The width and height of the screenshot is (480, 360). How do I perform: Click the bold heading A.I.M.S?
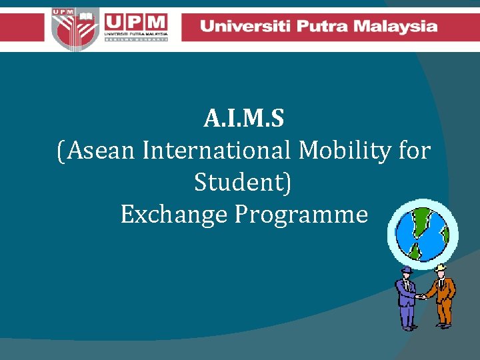[244, 120]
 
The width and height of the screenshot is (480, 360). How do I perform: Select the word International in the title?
[217, 151]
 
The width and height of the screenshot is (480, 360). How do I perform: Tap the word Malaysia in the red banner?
[397, 27]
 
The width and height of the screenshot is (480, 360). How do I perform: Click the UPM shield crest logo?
[73, 28]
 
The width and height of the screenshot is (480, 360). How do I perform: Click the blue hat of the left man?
[406, 269]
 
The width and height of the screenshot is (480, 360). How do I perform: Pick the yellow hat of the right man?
[441, 267]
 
